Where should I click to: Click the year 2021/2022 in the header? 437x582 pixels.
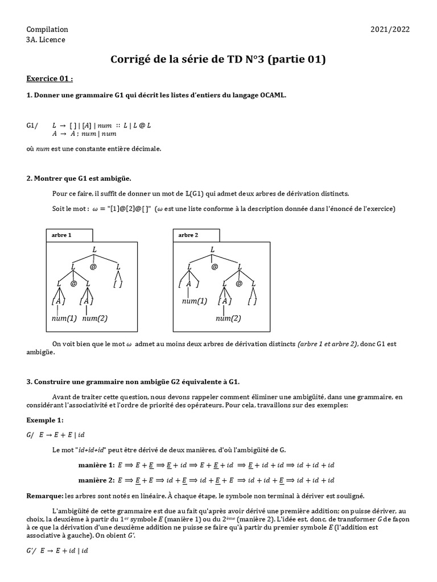[390, 30]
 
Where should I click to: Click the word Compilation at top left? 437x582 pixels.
[47, 30]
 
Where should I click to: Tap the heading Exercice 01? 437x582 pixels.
[50, 78]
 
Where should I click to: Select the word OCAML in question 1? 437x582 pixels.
[271, 95]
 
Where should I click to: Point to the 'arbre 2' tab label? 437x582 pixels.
[188, 235]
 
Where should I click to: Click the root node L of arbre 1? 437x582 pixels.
[94, 250]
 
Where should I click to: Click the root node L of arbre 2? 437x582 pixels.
[213, 250]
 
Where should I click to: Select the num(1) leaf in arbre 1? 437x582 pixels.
[64, 318]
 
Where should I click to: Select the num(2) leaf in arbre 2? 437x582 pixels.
[228, 318]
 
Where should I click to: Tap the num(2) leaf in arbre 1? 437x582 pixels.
[94, 318]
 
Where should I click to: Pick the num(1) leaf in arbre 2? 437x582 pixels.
[195, 301]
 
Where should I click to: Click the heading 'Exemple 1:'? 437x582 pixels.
[45, 420]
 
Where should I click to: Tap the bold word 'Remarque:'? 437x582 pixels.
[45, 496]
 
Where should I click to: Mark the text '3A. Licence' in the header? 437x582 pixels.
[46, 40]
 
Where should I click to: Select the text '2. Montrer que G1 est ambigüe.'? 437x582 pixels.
[79, 178]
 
